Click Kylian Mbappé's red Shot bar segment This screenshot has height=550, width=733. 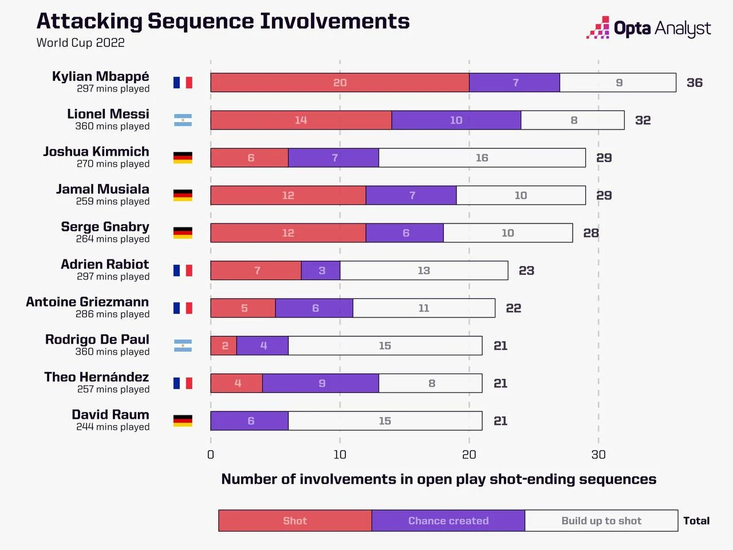(x=340, y=82)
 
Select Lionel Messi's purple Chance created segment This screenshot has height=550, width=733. (x=456, y=120)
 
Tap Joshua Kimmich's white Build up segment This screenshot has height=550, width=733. (x=482, y=158)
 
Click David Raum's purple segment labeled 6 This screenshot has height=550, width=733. (x=250, y=421)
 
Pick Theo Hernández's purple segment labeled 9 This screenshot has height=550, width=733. (x=321, y=383)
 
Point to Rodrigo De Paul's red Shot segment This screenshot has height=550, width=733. (x=224, y=346)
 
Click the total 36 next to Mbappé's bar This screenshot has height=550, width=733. (x=694, y=82)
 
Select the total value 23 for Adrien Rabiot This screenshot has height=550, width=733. (x=526, y=270)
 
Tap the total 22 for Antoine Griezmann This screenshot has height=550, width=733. (x=513, y=308)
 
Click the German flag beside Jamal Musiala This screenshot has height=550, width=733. (x=183, y=195)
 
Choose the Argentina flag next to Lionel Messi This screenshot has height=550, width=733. (x=183, y=120)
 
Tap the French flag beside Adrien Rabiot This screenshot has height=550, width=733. (x=183, y=270)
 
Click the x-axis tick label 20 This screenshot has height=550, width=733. (x=469, y=454)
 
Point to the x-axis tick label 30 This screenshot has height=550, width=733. (x=598, y=454)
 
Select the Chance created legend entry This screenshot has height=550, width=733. (x=448, y=521)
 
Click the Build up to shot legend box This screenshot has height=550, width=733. (x=601, y=521)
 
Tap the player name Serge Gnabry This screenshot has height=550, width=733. (x=105, y=227)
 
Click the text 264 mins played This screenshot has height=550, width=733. (x=113, y=239)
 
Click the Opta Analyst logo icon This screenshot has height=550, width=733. (x=598, y=27)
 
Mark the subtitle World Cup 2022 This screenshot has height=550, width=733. (x=80, y=43)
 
